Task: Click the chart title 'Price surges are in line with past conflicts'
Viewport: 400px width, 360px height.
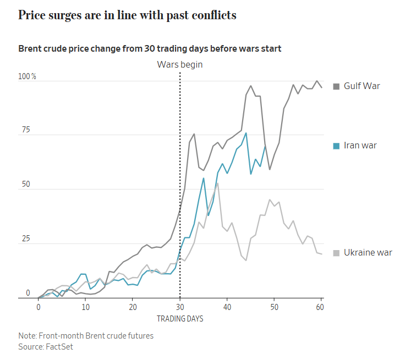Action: click(127, 15)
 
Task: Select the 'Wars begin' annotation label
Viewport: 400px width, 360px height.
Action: click(180, 64)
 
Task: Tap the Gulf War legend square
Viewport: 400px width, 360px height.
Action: click(336, 86)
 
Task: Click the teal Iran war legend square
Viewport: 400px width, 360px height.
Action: click(336, 146)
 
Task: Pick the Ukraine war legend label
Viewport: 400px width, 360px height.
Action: click(368, 253)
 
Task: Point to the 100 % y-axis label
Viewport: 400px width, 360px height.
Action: click(27, 76)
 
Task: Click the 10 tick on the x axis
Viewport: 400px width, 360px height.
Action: click(85, 307)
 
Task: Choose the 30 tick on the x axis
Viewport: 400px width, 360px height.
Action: click(180, 307)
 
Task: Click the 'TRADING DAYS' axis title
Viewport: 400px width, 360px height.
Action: click(180, 319)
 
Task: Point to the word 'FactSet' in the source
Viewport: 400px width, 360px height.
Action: click(61, 347)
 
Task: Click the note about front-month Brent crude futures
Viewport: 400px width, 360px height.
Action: click(85, 336)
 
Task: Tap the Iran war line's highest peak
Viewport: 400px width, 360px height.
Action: click(246, 133)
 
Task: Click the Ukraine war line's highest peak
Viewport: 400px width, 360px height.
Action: click(218, 183)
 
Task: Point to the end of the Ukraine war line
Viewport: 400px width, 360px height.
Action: click(322, 254)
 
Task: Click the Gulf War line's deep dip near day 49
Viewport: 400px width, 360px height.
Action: click(270, 169)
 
